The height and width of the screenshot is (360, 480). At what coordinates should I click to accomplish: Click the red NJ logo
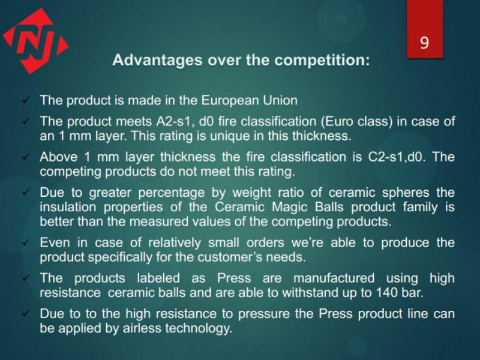[35, 41]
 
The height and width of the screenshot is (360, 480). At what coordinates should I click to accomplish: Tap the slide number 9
[424, 43]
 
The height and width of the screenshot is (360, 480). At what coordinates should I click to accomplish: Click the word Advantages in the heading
[157, 61]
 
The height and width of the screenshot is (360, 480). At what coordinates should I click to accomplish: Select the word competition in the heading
[322, 60]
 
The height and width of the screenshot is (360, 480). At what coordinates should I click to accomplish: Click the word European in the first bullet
[229, 100]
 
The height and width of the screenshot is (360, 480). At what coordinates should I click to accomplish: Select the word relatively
[175, 243]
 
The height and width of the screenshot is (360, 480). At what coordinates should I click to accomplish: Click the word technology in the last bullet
[199, 328]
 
